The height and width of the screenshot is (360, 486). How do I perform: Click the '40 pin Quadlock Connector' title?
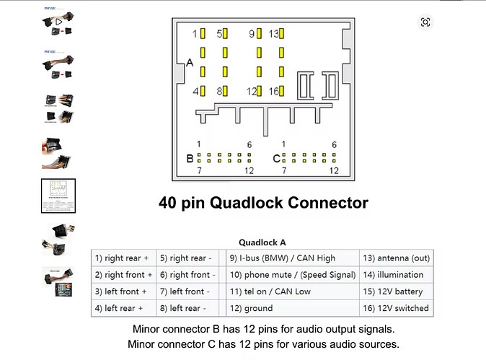tap(263, 203)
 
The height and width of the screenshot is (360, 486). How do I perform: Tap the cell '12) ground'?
tap(251, 308)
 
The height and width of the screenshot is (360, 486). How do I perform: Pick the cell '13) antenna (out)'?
tap(396, 258)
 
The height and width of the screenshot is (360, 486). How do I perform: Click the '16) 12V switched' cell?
tap(396, 308)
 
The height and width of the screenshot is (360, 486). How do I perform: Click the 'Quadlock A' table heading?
tap(262, 242)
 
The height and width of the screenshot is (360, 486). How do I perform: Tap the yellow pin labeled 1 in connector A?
tap(204, 34)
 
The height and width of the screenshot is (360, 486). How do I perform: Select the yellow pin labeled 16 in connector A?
tap(281, 91)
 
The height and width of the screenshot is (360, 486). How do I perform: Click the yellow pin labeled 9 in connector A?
tap(260, 34)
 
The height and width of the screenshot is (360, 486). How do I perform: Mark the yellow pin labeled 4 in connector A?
tap(204, 91)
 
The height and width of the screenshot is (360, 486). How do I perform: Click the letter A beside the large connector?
tap(190, 63)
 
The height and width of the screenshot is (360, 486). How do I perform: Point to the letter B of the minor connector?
tap(190, 158)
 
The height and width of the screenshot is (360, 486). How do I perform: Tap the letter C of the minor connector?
tap(275, 158)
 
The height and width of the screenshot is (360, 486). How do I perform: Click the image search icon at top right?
tap(425, 22)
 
